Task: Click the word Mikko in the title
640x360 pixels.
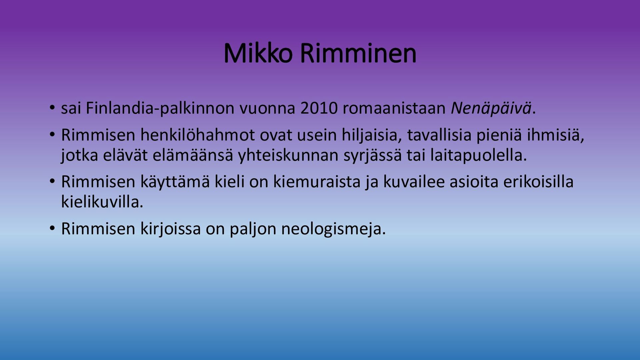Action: point(258,53)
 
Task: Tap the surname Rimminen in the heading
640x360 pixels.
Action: point(358,53)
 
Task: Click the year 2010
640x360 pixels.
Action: point(319,108)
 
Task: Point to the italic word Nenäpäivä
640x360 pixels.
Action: point(491,108)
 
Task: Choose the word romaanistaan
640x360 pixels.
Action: point(394,108)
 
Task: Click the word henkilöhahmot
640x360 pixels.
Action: point(197,135)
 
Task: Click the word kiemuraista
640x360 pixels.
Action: point(317,182)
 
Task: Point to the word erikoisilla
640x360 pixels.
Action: point(538,182)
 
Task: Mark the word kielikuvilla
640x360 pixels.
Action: point(102,202)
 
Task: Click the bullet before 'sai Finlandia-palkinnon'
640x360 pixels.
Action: point(52,108)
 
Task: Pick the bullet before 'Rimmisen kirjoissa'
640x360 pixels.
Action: point(52,229)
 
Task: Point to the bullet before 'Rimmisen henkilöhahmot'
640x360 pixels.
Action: point(52,135)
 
